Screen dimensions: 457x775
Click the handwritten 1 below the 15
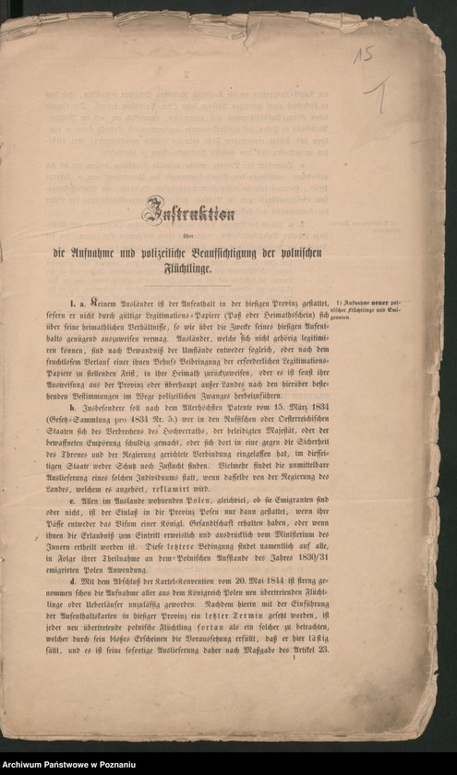pos(377,91)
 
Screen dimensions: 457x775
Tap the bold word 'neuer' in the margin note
pos(379,303)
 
